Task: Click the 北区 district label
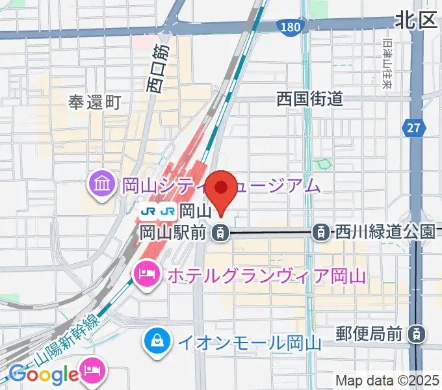[x=416, y=20]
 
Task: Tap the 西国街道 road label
[x=309, y=99]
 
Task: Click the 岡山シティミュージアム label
[x=222, y=186]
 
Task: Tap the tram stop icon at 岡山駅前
[x=222, y=231]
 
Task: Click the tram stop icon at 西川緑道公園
[x=320, y=231]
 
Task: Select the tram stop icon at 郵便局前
[x=414, y=335]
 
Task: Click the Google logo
[x=44, y=374]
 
